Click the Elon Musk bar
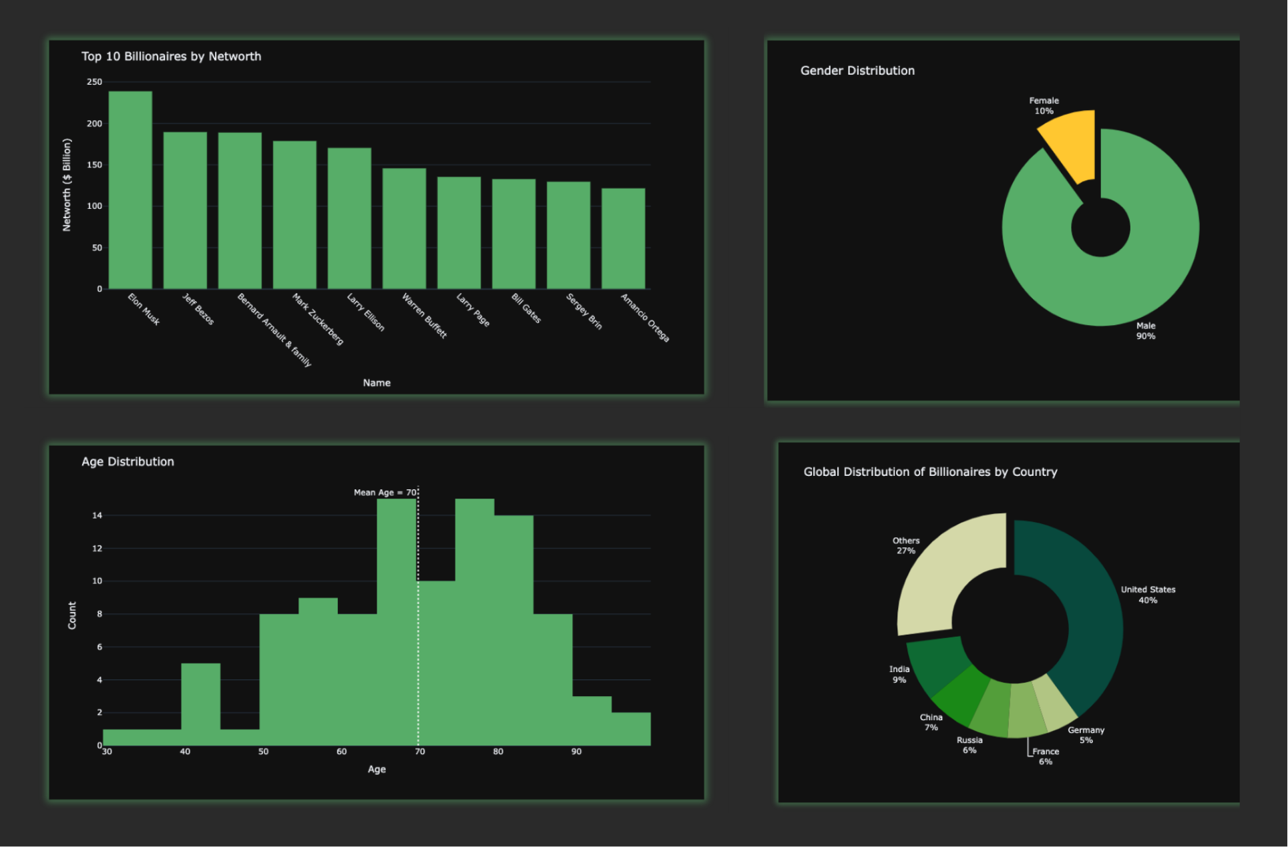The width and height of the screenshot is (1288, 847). (130, 190)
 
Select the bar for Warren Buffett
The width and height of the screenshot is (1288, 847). (404, 228)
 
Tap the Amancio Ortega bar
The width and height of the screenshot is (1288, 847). (623, 238)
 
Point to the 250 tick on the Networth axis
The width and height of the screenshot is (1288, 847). (94, 82)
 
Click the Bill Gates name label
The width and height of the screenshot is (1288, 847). (526, 308)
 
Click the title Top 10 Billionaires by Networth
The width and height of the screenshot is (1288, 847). (171, 57)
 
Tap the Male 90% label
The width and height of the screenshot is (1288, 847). (1146, 331)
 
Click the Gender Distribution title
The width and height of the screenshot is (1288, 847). (857, 71)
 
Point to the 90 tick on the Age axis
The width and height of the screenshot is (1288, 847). (576, 752)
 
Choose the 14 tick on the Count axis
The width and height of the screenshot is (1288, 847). (97, 515)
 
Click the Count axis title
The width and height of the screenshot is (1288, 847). (72, 615)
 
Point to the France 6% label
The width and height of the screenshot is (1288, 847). (1046, 756)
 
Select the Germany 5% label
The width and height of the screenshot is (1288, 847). (1086, 735)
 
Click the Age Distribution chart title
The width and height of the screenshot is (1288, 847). (128, 462)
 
